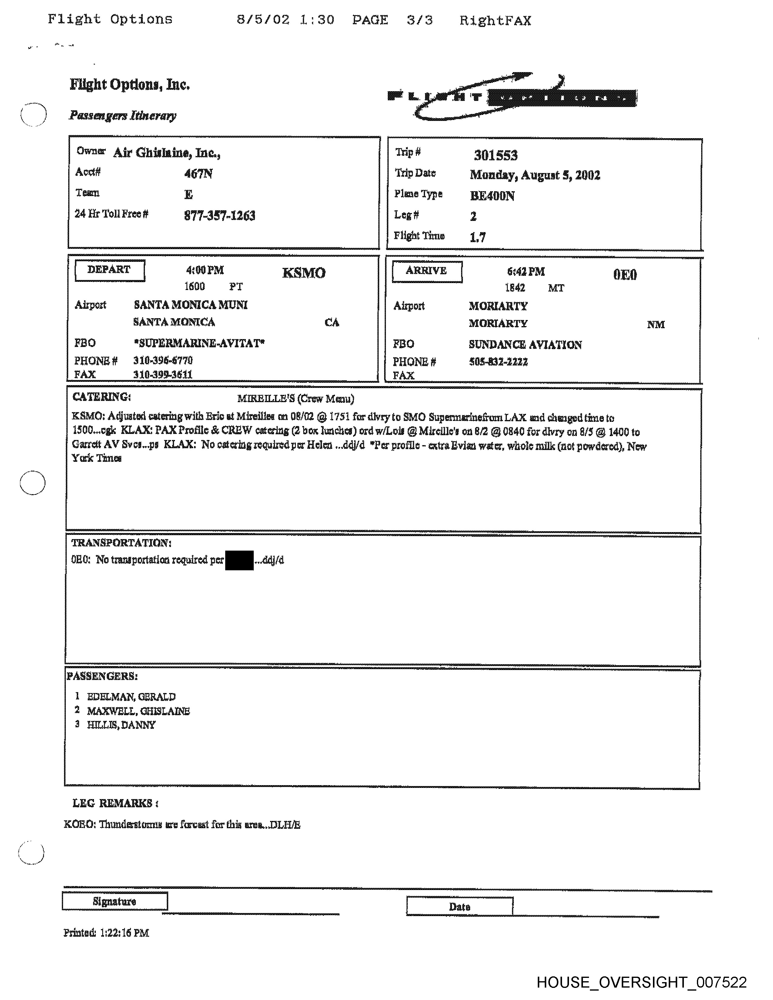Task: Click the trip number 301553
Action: pyautogui.click(x=496, y=155)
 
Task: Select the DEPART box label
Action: pyautogui.click(x=109, y=270)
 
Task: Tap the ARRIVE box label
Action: pyautogui.click(x=426, y=271)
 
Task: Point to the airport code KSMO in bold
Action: pyautogui.click(x=304, y=273)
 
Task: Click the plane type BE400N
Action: pyautogui.click(x=492, y=196)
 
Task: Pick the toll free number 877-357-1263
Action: pyautogui.click(x=219, y=216)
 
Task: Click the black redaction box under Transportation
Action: pyautogui.click(x=239, y=560)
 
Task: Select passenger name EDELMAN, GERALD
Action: pyautogui.click(x=131, y=697)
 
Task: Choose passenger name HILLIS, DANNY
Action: pyautogui.click(x=121, y=725)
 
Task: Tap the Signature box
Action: pyautogui.click(x=115, y=901)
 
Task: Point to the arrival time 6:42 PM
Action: pyautogui.click(x=526, y=272)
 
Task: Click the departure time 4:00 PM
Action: pyautogui.click(x=205, y=270)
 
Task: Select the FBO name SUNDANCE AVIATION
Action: pyautogui.click(x=525, y=345)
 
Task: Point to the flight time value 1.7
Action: pyautogui.click(x=478, y=237)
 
